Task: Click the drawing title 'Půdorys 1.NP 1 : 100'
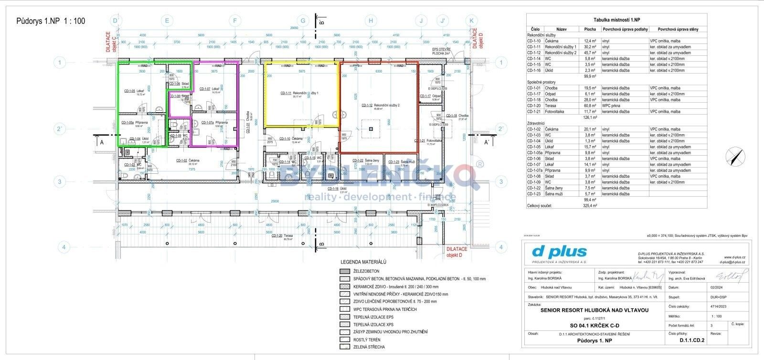pyautogui.click(x=51, y=21)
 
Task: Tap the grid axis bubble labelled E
pyautogui.click(x=167, y=21)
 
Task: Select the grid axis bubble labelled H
pyautogui.click(x=370, y=21)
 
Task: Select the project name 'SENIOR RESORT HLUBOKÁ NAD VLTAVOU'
pyautogui.click(x=594, y=310)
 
